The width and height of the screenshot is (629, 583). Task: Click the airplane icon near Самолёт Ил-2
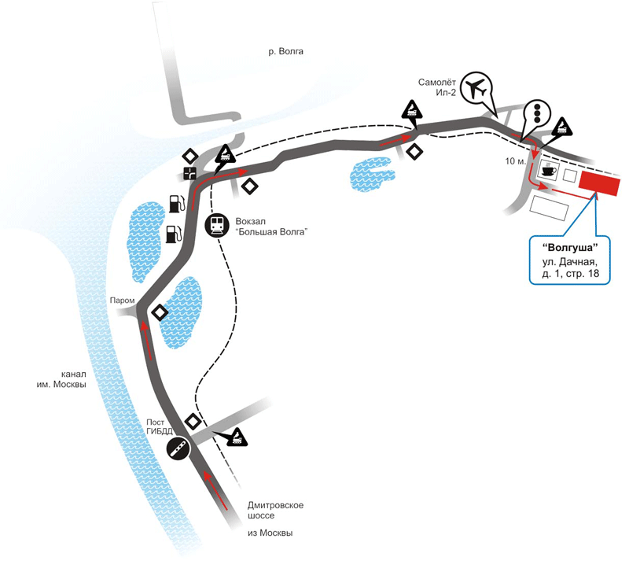click(476, 87)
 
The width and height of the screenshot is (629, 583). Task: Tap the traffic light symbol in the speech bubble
click(537, 113)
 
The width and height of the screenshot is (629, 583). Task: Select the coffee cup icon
click(548, 169)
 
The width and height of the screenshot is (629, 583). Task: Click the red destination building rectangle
click(599, 183)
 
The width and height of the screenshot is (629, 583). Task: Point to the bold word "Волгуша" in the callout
click(569, 247)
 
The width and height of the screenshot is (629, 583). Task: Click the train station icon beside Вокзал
click(217, 225)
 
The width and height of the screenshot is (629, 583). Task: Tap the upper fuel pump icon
click(176, 204)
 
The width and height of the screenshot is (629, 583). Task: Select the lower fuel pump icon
click(173, 234)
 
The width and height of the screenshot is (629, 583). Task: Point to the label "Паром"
click(122, 301)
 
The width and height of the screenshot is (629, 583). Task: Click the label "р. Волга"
click(285, 51)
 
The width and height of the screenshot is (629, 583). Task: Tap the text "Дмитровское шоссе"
click(275, 510)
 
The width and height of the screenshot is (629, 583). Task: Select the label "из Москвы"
click(270, 533)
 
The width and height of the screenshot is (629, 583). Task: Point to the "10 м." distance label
click(515, 161)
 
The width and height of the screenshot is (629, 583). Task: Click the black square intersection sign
click(189, 173)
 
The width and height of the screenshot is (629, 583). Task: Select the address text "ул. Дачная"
click(570, 262)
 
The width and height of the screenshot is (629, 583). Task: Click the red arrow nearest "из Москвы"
click(216, 491)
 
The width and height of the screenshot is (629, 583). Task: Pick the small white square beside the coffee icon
click(570, 175)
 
